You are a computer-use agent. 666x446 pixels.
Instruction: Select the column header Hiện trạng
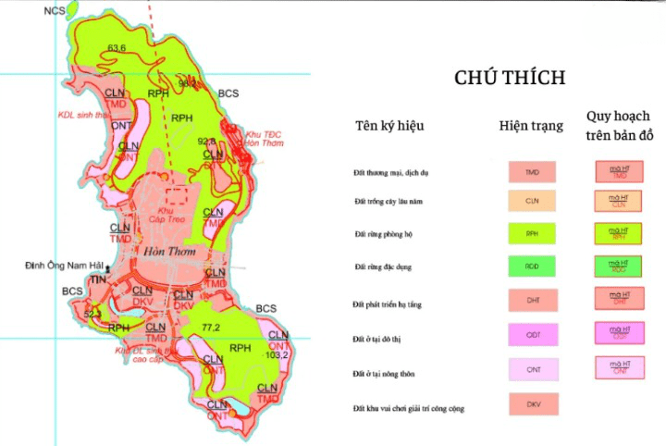(531, 126)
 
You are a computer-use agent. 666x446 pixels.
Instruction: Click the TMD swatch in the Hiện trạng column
(532, 172)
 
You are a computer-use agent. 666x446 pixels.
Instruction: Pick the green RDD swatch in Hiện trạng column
(532, 267)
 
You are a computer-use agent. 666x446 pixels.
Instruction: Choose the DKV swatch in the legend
(532, 406)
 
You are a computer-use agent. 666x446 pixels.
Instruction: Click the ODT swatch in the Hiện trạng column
(532, 335)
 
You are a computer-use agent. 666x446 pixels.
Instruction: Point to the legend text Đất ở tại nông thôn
(384, 372)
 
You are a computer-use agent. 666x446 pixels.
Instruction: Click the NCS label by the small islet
(55, 12)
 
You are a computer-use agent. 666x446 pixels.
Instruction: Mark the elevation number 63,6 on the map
(117, 48)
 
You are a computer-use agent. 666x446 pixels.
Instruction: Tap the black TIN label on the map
(97, 279)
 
